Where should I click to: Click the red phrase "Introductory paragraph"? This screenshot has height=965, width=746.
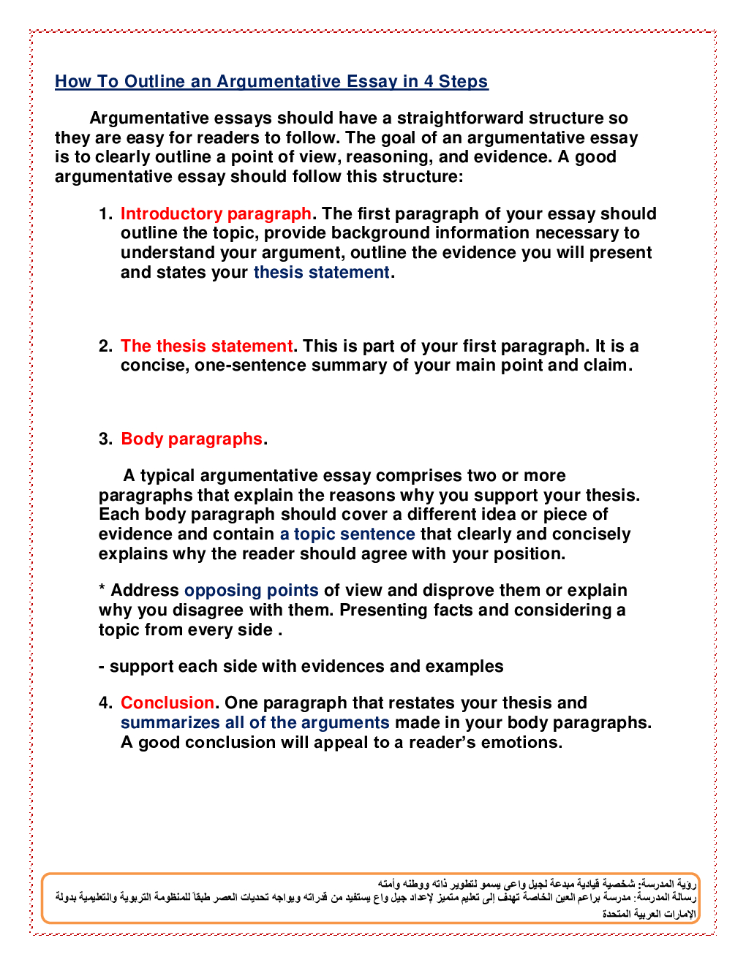(216, 213)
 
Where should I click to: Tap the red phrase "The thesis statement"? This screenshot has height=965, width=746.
(206, 346)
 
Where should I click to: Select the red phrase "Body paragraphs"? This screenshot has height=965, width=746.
(191, 439)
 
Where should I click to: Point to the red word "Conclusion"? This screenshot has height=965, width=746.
(167, 703)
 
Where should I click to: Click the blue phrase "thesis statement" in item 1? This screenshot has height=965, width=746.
(321, 272)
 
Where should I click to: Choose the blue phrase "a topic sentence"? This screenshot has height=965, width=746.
(347, 534)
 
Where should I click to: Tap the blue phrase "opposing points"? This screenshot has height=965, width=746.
(251, 590)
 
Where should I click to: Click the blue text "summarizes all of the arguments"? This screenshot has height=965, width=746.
(255, 722)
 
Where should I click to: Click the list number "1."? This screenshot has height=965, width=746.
(105, 213)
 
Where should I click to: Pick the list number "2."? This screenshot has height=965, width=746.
(105, 346)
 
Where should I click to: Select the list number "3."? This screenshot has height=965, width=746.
(105, 439)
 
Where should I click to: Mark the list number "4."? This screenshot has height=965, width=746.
(105, 703)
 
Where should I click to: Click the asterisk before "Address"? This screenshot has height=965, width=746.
(102, 589)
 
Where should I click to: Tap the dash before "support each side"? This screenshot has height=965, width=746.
(102, 666)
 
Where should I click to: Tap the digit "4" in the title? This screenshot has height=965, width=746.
(429, 81)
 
